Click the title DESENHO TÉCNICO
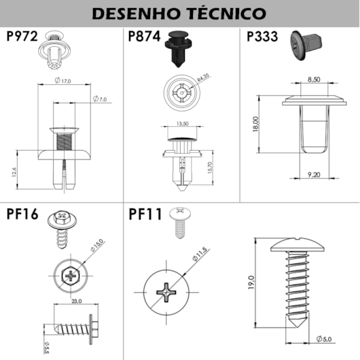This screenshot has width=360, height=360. point(179,13)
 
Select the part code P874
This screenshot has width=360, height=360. point(143,37)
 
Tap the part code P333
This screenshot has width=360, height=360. point(263,37)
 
